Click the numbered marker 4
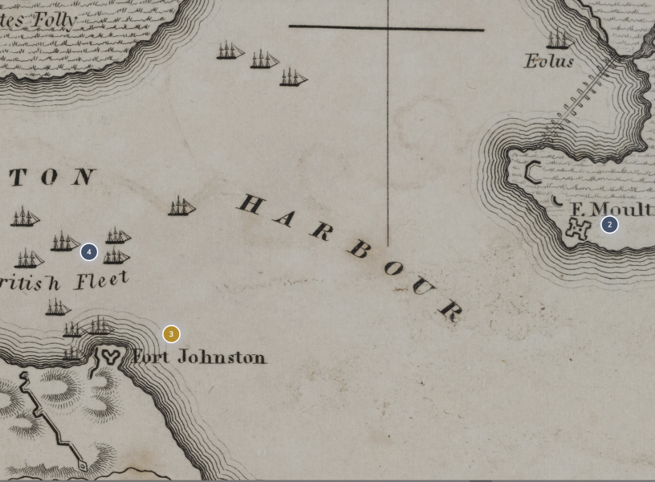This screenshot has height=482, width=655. tap(89, 252)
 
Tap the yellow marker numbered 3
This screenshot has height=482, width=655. tap(171, 334)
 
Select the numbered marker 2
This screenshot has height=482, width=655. tap(609, 225)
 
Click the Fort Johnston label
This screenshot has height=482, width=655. tap(199, 357)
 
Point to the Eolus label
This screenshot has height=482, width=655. tap(549, 61)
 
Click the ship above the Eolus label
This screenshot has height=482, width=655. tap(557, 39)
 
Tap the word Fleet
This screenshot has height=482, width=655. tap(102, 280)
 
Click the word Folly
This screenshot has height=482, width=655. tap(55, 20)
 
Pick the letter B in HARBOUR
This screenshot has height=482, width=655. tap(359, 249)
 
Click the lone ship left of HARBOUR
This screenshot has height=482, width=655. tap(181, 207)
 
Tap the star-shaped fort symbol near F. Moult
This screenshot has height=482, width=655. tap(577, 228)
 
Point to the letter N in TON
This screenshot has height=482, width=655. tap(83, 177)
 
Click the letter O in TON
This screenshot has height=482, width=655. tap(50, 178)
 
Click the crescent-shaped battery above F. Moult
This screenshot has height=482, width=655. tap(532, 171)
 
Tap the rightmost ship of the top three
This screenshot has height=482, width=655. tap(293, 78)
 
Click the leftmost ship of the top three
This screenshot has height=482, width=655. tap(230, 51)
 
